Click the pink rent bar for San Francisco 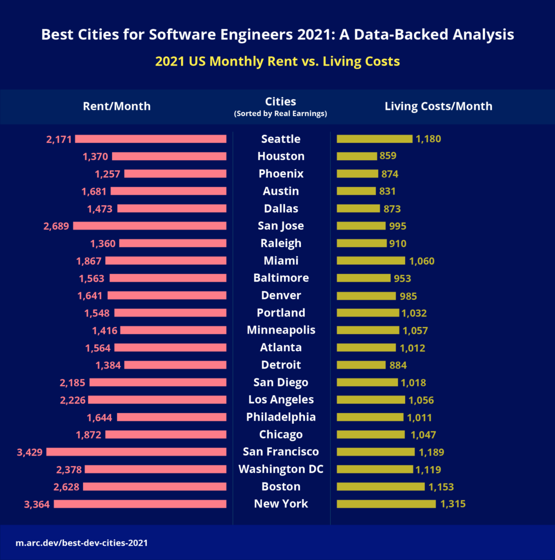[x=136, y=452]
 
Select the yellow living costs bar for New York [x=386, y=504]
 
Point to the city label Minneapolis [x=281, y=330]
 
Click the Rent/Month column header [x=117, y=106]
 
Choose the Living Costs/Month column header [x=438, y=106]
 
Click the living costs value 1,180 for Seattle [x=428, y=139]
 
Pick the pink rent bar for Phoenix [x=175, y=174]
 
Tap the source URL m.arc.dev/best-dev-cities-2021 [x=82, y=544]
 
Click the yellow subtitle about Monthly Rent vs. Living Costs [x=277, y=61]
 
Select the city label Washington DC [x=281, y=469]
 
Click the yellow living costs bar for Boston [x=380, y=487]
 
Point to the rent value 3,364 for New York [x=37, y=504]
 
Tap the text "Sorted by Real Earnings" [x=281, y=114]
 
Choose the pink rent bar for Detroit [x=175, y=365]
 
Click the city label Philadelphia [x=281, y=417]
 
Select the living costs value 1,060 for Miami [x=421, y=261]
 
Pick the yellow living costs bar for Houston [x=356, y=156]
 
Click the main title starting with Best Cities [x=277, y=35]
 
